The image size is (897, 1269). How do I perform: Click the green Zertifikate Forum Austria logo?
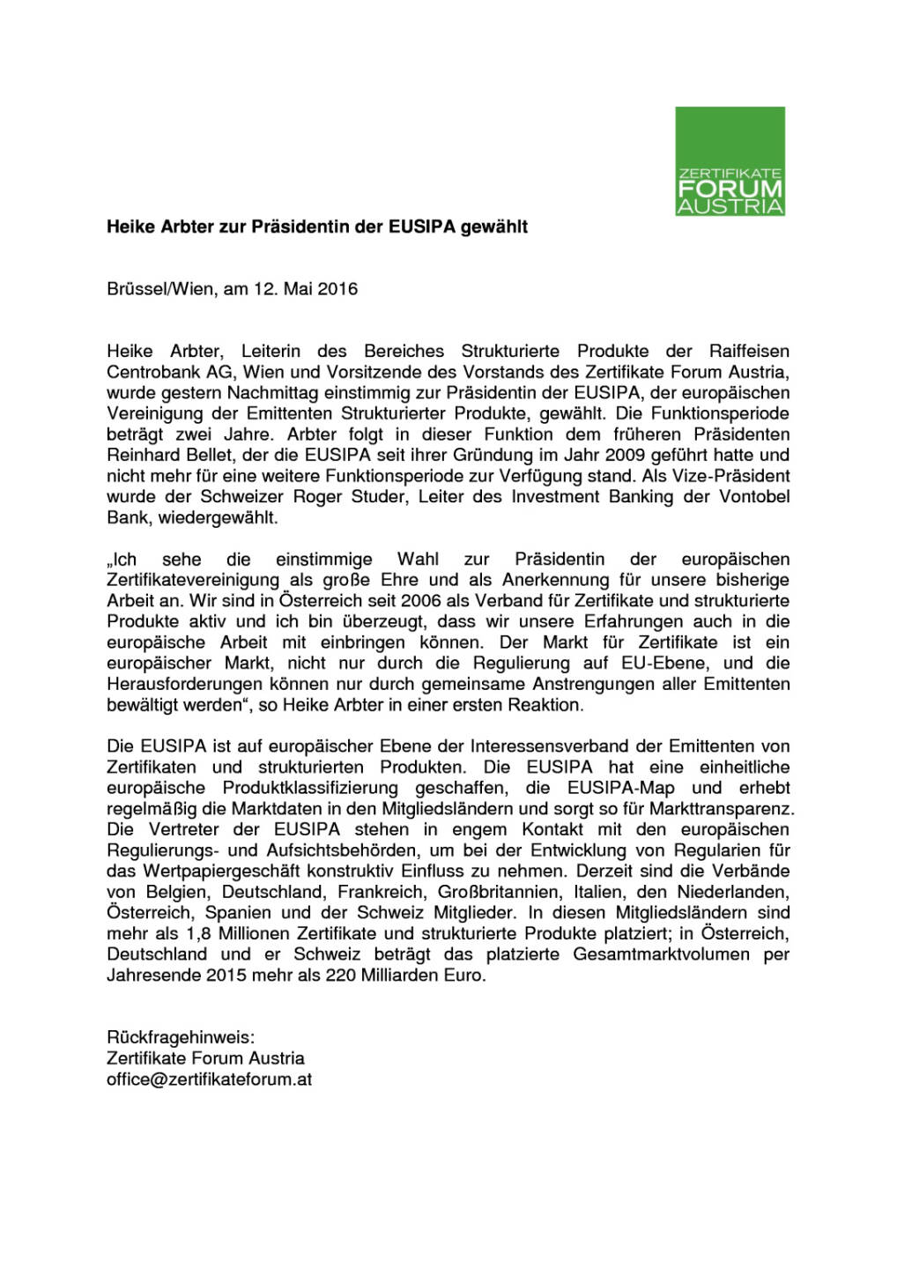pyautogui.click(x=730, y=161)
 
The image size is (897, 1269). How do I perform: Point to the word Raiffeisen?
pyautogui.click(x=749, y=351)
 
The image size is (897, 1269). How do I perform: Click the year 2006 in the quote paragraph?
pyautogui.click(x=420, y=601)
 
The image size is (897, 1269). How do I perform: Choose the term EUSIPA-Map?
pyautogui.click(x=620, y=788)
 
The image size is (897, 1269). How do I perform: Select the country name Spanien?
pyautogui.click(x=240, y=913)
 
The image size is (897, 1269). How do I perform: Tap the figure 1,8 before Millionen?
pyautogui.click(x=199, y=933)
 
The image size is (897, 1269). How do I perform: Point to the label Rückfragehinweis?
pyautogui.click(x=181, y=1037)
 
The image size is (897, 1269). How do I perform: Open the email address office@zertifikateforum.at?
pyautogui.click(x=209, y=1080)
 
